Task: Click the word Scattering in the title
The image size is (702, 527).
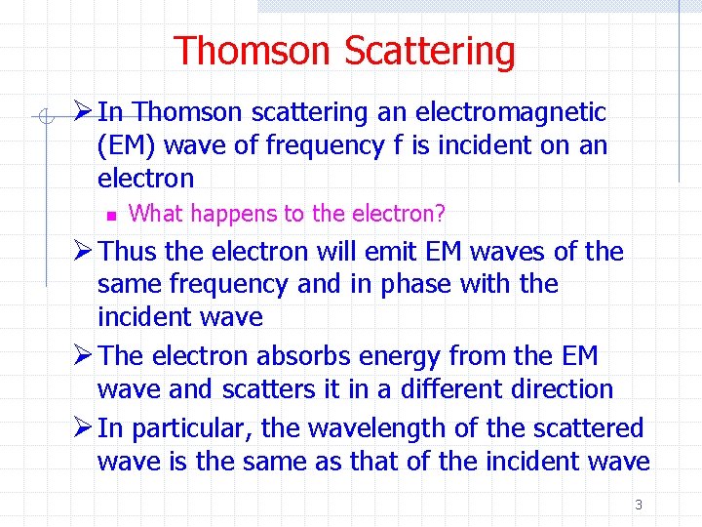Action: coord(430,51)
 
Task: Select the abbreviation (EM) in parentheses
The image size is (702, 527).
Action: coord(129,146)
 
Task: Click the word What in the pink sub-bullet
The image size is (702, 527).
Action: coord(157,213)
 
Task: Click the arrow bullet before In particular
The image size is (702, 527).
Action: coord(83,428)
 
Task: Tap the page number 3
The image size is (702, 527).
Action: coord(639,505)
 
